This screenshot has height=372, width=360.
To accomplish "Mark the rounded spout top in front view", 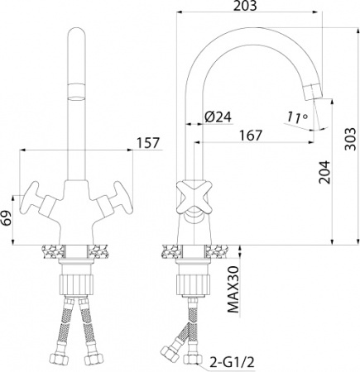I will click(76, 33).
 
